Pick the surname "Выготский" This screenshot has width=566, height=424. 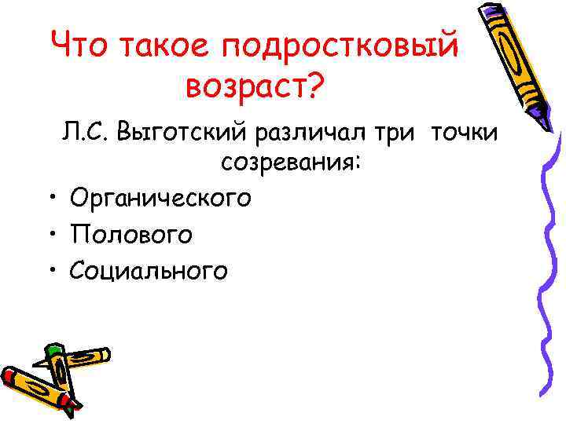[182, 134]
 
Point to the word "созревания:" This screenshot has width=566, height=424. [291, 164]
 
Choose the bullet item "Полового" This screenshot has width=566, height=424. [130, 235]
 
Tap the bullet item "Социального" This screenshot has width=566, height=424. [149, 271]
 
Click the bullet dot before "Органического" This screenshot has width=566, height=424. [50, 198]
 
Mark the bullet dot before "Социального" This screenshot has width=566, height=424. [50, 270]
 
